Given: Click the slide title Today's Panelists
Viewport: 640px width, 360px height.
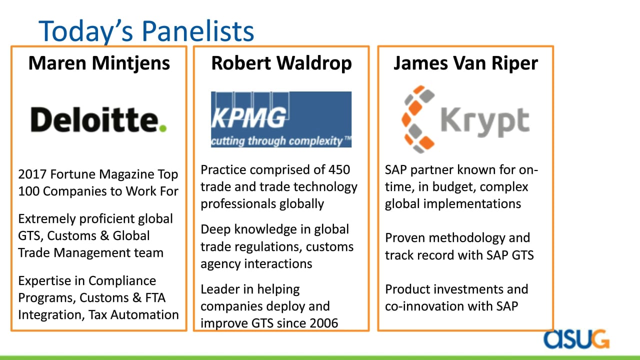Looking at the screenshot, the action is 146,31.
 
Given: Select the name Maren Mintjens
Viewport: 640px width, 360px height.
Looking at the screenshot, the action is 99,63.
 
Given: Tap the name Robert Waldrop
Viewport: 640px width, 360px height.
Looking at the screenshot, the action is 281,63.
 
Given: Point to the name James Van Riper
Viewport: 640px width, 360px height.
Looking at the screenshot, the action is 465,63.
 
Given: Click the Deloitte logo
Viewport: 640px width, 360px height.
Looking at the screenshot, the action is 98,119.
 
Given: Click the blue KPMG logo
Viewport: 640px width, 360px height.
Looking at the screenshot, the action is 281,119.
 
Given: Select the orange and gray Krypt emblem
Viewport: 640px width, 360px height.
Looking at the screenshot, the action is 418,119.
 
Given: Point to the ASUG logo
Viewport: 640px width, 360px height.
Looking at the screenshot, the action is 576,339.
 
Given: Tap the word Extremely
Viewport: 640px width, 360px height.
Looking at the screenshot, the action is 47,219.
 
